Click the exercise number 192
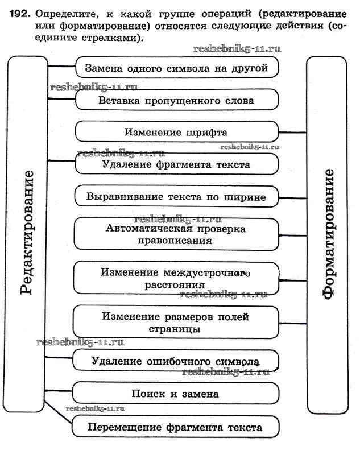(18, 13)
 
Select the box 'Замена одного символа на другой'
(176, 68)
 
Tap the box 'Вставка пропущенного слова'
(176, 100)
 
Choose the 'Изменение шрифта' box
(176, 132)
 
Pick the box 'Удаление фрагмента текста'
(176, 164)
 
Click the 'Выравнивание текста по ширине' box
(176, 197)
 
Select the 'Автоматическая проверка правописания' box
(176, 234)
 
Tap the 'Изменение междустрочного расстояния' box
(176, 278)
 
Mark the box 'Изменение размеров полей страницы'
(176, 323)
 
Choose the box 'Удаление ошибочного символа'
(176, 361)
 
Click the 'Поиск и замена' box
(176, 393)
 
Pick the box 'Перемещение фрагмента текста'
(176, 427)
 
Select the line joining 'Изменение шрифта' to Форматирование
(293, 132)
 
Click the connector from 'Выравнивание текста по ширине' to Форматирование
(293, 198)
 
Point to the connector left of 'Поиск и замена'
(60, 392)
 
